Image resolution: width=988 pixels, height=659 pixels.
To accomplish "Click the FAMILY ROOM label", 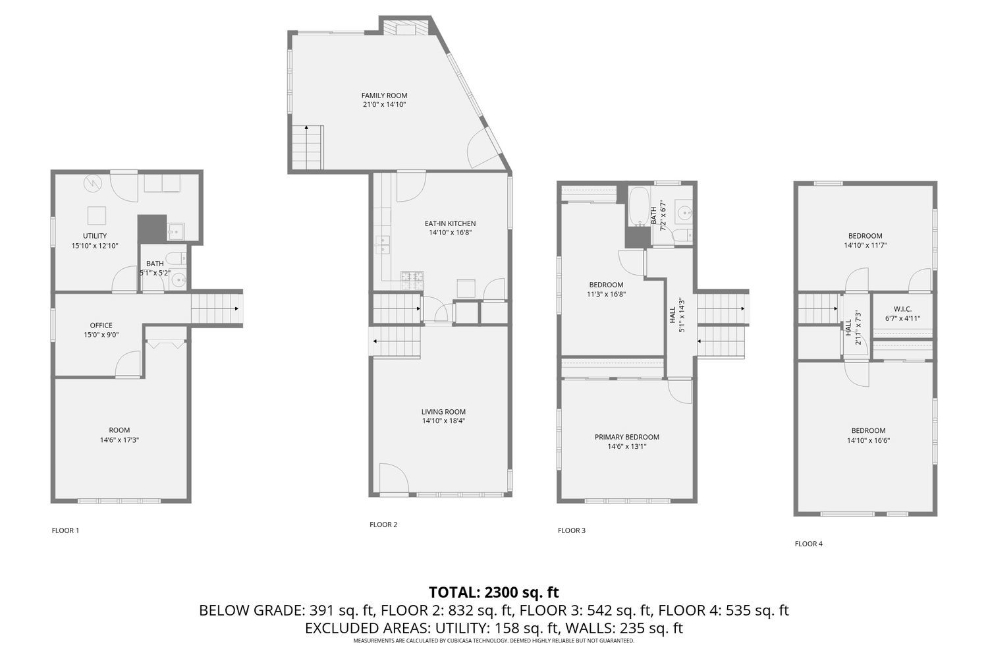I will (384, 96).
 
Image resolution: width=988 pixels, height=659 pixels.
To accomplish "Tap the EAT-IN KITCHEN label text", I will (450, 223).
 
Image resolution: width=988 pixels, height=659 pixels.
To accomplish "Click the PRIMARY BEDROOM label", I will (626, 437).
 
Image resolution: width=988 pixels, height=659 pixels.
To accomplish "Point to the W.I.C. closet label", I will (902, 309).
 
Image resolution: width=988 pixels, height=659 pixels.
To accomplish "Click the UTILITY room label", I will (95, 236).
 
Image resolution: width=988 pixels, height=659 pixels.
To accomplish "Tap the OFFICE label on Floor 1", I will (101, 325).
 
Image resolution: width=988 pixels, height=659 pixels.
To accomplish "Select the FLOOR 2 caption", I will (383, 525).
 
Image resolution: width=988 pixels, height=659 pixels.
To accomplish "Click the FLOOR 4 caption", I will (808, 544).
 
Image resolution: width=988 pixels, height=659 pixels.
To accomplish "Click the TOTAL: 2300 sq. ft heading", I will (493, 592).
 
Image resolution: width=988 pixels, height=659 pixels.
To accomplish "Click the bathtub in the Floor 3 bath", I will (638, 207).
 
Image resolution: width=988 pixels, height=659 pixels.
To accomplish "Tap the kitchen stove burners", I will (412, 281).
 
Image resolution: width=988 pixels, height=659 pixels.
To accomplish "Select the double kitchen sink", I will (382, 244).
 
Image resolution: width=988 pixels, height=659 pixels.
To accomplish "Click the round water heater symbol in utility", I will (93, 183).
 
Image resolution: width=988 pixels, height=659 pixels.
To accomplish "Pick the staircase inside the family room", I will (308, 148).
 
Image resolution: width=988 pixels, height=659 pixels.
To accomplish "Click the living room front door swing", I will (390, 477).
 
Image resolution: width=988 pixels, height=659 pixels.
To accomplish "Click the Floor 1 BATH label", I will (155, 264).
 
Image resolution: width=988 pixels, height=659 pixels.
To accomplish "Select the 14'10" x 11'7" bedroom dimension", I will (865, 245).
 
